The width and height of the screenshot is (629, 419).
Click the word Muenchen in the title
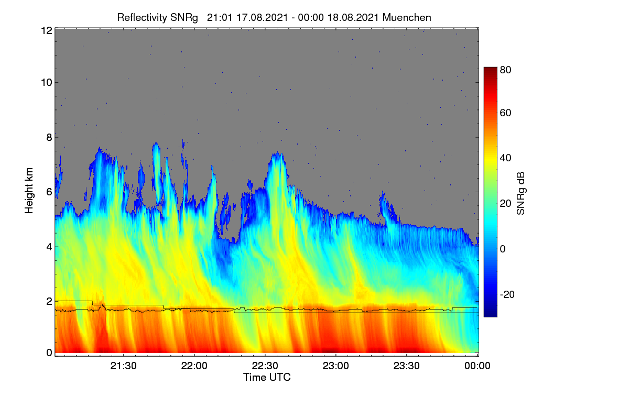(407, 18)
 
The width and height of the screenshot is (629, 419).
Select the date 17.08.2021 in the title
(262, 18)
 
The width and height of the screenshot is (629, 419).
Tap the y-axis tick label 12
(47, 30)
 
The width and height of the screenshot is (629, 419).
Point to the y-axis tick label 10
(47, 83)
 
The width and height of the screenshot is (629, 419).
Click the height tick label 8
(50, 138)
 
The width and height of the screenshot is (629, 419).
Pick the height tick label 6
(50, 192)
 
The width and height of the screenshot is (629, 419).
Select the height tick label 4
(50, 247)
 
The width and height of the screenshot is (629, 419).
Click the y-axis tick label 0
(50, 353)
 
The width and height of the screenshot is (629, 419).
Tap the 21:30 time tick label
(123, 366)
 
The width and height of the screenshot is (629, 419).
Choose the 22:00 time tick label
(194, 366)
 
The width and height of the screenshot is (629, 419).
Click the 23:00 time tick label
(335, 366)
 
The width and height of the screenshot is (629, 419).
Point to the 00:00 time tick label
(478, 366)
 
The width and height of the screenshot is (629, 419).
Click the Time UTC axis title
(267, 378)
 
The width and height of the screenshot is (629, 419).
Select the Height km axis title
(29, 191)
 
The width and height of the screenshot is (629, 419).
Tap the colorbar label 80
(505, 70)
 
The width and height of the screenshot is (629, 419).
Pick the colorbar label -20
(507, 295)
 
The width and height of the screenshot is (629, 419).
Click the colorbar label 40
(505, 158)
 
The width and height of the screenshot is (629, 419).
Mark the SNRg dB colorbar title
(520, 194)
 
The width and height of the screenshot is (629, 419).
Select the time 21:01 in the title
(220, 18)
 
